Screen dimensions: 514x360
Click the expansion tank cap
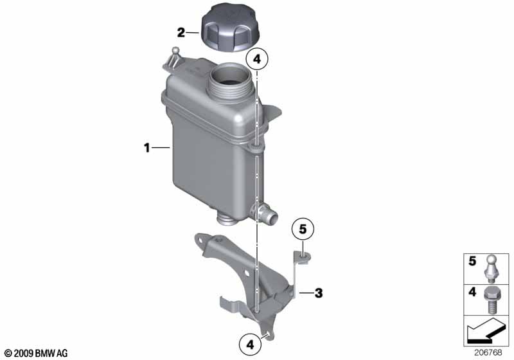(x=231, y=28)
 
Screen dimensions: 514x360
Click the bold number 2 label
(x=181, y=33)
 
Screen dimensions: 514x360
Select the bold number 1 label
(x=147, y=148)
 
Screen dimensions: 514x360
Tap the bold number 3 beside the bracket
(x=319, y=292)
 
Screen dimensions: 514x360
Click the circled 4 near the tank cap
(x=257, y=59)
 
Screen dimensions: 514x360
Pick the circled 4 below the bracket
(x=250, y=345)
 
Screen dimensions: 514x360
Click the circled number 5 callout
(x=303, y=229)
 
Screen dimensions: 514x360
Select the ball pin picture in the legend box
(x=490, y=269)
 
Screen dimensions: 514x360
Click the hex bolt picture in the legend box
(x=490, y=300)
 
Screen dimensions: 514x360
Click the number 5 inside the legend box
(x=472, y=261)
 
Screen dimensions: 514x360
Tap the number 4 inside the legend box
(x=472, y=292)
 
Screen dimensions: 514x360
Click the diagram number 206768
(x=488, y=353)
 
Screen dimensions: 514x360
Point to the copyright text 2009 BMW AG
(x=37, y=353)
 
